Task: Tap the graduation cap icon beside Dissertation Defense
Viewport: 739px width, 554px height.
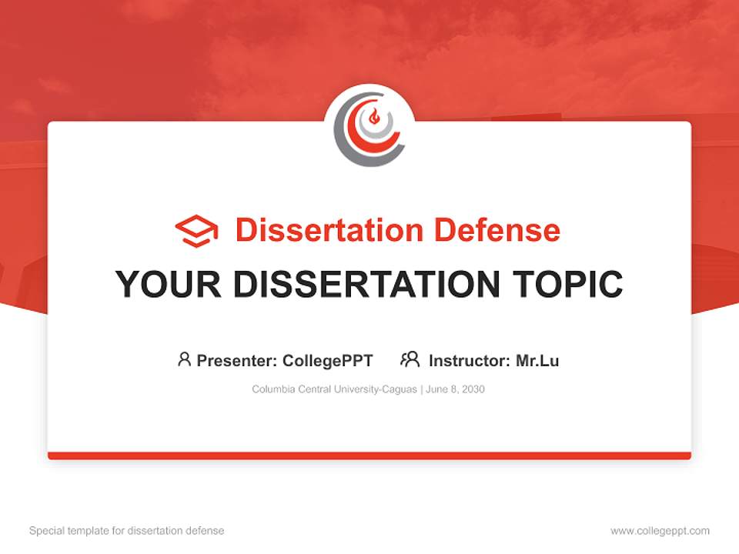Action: (196, 231)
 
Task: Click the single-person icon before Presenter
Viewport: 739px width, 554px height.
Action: (184, 359)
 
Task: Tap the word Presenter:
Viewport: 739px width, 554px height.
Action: (236, 360)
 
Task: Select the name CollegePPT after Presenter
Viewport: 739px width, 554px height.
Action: (328, 360)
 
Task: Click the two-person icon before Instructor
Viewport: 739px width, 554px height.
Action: (410, 359)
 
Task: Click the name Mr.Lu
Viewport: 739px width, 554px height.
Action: (537, 360)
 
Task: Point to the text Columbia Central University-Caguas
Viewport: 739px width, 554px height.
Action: (334, 389)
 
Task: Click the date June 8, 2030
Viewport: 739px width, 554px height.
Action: (456, 389)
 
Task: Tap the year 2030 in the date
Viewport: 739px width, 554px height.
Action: (473, 389)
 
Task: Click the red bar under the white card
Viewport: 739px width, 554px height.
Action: (369, 456)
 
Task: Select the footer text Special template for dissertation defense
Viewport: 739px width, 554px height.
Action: (126, 531)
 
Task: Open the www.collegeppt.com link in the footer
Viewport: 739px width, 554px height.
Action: (660, 531)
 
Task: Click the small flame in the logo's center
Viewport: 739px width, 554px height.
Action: (375, 118)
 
